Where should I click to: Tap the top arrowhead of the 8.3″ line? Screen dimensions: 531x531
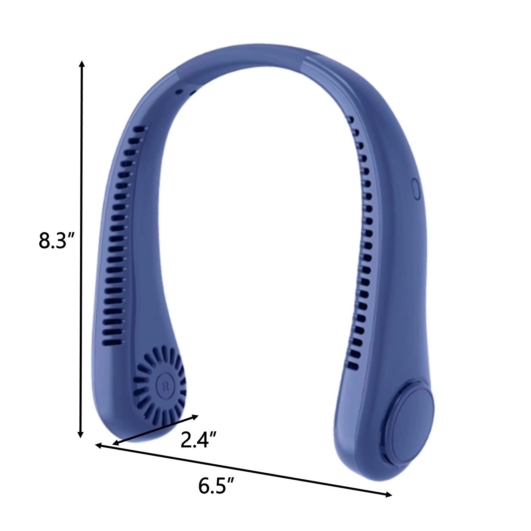(82, 64)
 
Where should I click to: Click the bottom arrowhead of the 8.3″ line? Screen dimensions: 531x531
(81, 434)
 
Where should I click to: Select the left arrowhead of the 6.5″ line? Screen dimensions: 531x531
(99, 446)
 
